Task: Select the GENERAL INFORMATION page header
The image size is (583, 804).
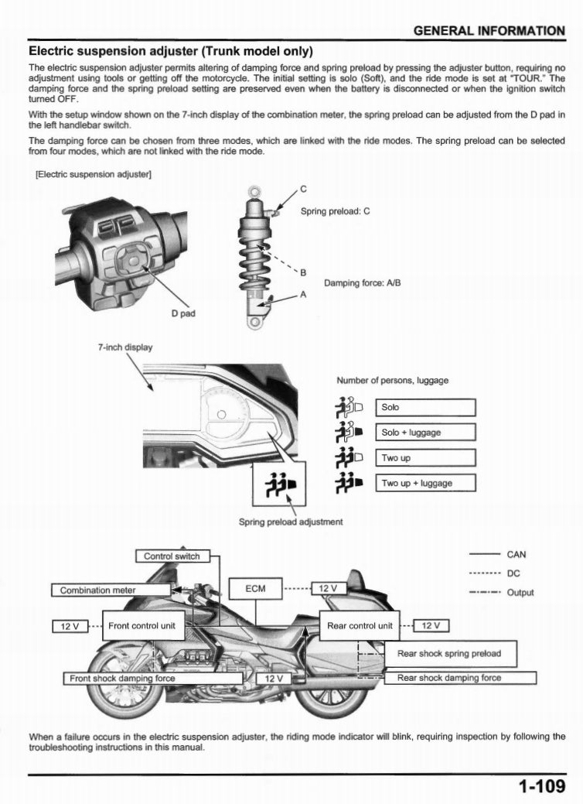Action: pyautogui.click(x=489, y=31)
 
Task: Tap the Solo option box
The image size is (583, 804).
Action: pyautogui.click(x=424, y=407)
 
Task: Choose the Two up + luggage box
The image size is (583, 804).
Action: pyautogui.click(x=424, y=484)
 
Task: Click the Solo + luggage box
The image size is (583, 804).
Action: pyautogui.click(x=424, y=433)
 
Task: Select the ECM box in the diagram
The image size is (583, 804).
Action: pyautogui.click(x=255, y=589)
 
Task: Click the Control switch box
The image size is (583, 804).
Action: pyautogui.click(x=172, y=556)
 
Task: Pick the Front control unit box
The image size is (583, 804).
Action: pyautogui.click(x=144, y=625)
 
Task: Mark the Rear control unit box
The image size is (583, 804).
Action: pyautogui.click(x=360, y=625)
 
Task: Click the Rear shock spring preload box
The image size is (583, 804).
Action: pyautogui.click(x=448, y=653)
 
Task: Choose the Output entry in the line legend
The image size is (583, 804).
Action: pyautogui.click(x=520, y=593)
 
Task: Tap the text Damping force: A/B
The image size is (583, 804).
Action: pyautogui.click(x=361, y=282)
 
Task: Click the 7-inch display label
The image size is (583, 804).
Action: pyautogui.click(x=124, y=347)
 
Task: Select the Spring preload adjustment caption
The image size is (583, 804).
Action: pyautogui.click(x=291, y=522)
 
